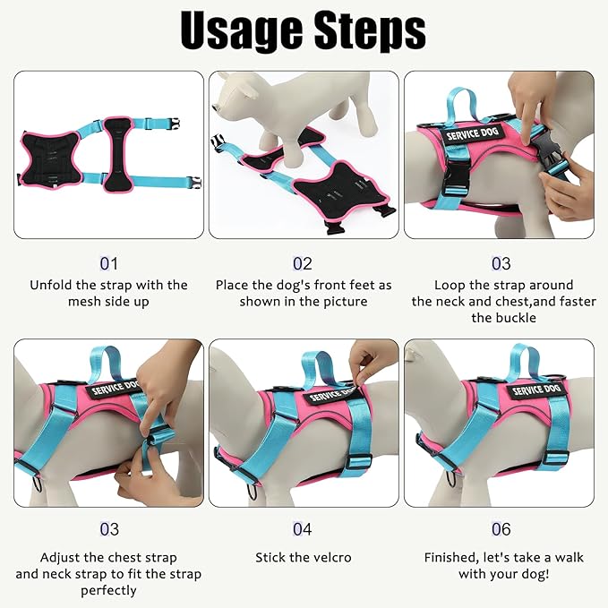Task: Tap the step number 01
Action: tap(108, 264)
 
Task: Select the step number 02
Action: tap(303, 264)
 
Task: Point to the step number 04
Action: tap(303, 530)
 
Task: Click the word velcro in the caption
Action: tap(330, 558)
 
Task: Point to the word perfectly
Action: tap(108, 591)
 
